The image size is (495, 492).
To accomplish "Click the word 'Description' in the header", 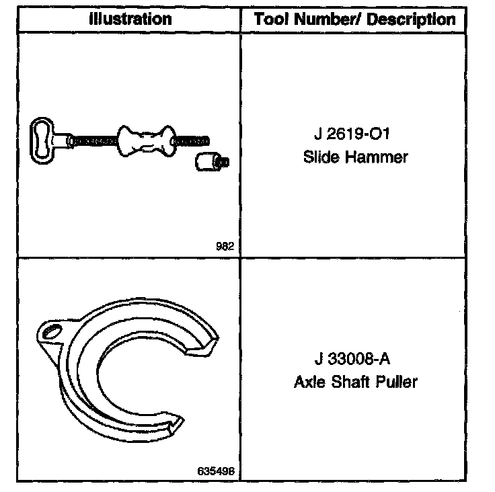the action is click(x=412, y=19).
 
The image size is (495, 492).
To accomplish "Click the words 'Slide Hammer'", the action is click(x=356, y=157).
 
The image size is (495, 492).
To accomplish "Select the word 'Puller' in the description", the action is click(x=396, y=382).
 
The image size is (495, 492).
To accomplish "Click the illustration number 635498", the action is click(x=217, y=470).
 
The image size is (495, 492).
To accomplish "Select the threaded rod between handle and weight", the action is click(x=94, y=140).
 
